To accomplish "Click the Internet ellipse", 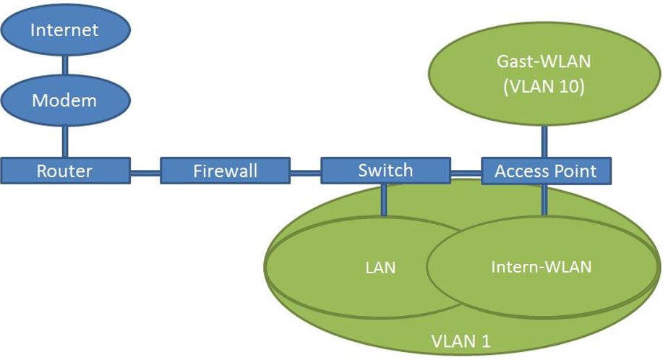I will (x=64, y=31).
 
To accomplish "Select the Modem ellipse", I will (x=64, y=100).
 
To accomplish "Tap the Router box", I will (x=64, y=171).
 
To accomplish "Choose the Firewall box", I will (x=225, y=171).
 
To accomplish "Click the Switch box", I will (x=385, y=171).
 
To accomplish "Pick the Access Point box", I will (x=546, y=171).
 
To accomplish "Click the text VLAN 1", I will (x=461, y=340).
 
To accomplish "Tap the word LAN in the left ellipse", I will (x=380, y=267).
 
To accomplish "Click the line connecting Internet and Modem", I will (x=64, y=66).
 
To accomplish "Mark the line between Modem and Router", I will (x=64, y=140).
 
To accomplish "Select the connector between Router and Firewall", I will (x=145, y=172).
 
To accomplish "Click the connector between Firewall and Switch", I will (x=305, y=172).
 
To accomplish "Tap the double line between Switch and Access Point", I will (x=466, y=172).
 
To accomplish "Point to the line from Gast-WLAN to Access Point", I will (x=544, y=142).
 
